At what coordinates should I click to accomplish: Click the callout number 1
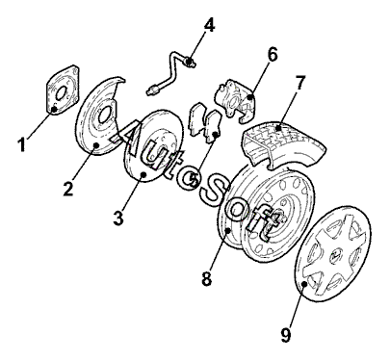tap(21, 144)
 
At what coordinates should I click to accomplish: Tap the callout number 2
tap(68, 188)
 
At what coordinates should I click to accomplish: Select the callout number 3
tap(118, 218)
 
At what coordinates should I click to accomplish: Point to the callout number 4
tap(209, 25)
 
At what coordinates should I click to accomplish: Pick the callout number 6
tap(273, 55)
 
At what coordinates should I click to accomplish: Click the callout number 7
tap(299, 83)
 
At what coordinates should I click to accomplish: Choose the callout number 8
tap(207, 278)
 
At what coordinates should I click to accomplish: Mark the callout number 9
tap(285, 334)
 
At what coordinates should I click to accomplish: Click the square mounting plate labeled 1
tap(63, 90)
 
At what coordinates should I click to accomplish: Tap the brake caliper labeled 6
tap(235, 100)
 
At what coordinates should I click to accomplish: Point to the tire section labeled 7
tap(282, 143)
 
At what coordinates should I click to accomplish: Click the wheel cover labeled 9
tap(332, 253)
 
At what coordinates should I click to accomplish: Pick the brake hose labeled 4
tap(170, 74)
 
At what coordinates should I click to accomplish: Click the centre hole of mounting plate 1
tap(61, 92)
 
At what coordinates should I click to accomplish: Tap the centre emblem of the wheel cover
tap(334, 253)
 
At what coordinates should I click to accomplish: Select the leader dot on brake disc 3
tap(143, 174)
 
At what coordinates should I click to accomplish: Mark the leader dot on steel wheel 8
tap(227, 230)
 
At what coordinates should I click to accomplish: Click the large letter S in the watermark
tap(215, 192)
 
